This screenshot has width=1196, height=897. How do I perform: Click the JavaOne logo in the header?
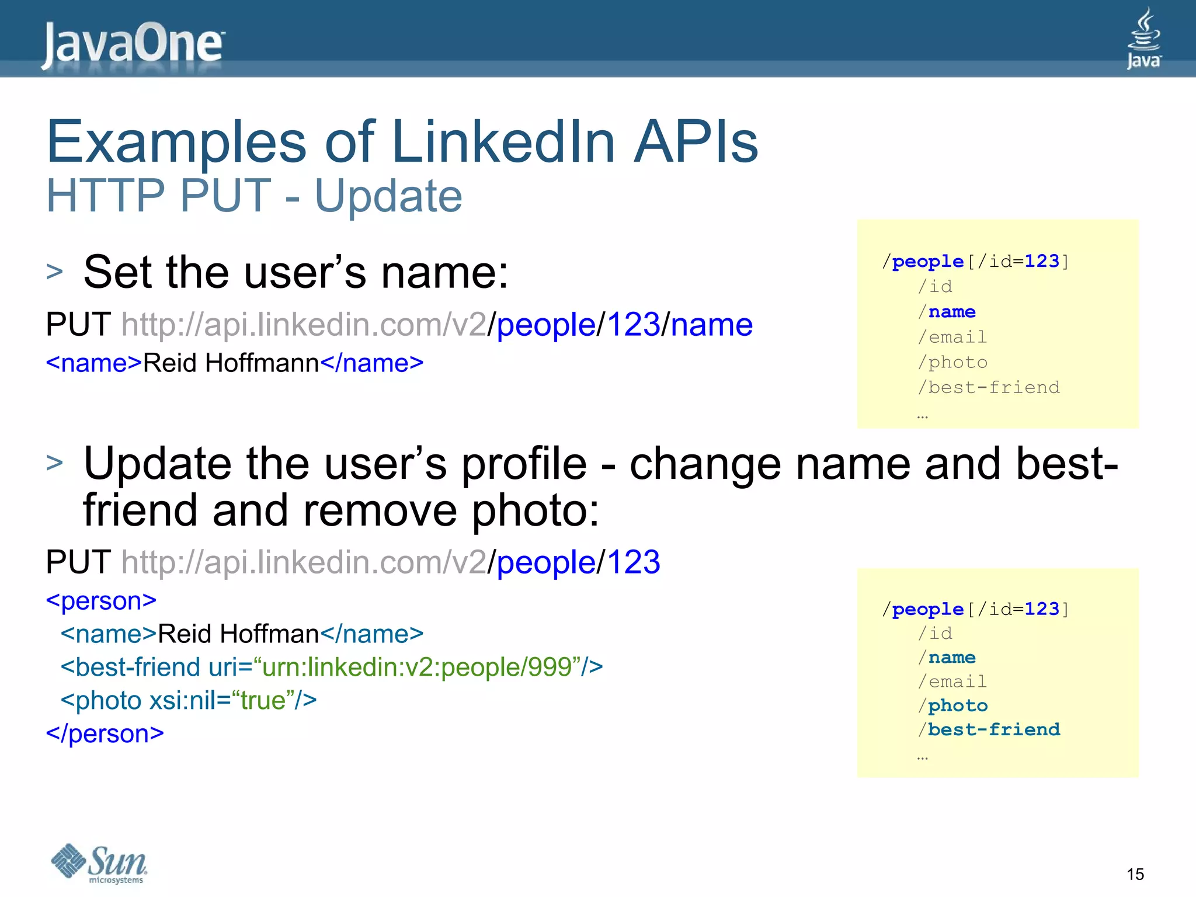(x=133, y=44)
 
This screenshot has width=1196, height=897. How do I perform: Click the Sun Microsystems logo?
(x=99, y=863)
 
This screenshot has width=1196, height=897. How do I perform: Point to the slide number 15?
(x=1135, y=874)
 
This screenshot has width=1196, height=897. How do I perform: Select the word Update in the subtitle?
(x=388, y=196)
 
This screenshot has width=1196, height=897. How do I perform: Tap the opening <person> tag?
(x=101, y=601)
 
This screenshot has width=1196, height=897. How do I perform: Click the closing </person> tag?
(x=105, y=733)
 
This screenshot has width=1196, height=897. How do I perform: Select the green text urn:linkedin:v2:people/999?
(x=416, y=667)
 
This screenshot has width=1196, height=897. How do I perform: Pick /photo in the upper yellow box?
(x=953, y=363)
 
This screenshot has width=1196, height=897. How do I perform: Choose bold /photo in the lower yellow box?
(x=953, y=706)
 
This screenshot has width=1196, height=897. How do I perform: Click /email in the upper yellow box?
(x=952, y=337)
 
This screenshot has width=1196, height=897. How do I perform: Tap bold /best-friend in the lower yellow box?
(x=989, y=730)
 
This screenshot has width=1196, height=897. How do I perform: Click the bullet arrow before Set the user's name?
(x=54, y=272)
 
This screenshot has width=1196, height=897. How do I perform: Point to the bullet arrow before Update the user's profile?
(x=54, y=463)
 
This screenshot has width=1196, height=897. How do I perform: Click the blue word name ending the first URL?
(x=711, y=325)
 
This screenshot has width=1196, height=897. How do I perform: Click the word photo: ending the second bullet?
(x=535, y=510)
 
